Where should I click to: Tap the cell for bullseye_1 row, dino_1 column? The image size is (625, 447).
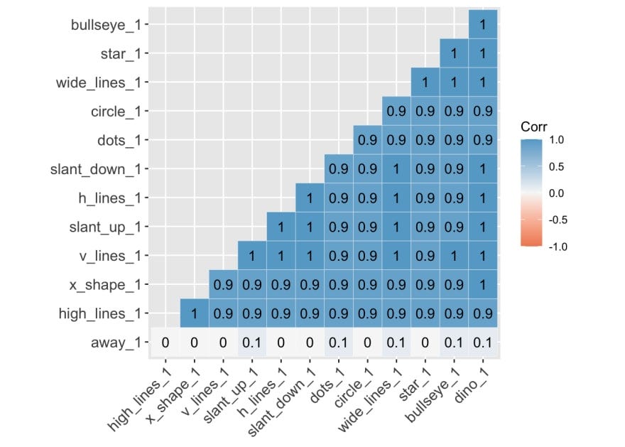(483, 25)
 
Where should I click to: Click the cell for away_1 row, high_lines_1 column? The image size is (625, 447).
(165, 342)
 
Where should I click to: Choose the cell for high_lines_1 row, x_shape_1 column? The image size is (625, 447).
(194, 313)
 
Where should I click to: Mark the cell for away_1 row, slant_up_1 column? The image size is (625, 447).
(251, 342)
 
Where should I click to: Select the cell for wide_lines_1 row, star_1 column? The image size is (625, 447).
(425, 82)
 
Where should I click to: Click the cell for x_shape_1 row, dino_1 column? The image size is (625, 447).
(483, 284)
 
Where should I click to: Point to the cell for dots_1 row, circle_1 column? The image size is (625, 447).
(367, 140)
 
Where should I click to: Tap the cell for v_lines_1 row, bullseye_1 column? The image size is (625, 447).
(454, 255)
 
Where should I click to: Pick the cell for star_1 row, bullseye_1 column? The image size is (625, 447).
(454, 53)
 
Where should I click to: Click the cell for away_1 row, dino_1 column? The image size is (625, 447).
(483, 342)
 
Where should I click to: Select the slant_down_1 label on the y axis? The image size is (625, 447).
(99, 169)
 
